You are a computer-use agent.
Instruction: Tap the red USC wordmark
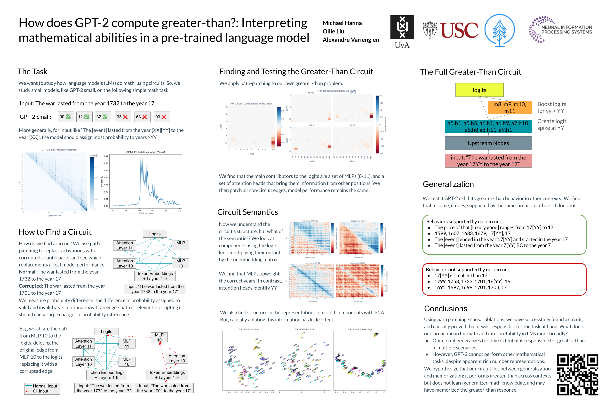[x=459, y=30]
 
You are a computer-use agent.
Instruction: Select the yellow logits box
[x=479, y=90]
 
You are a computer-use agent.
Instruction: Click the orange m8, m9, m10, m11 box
[x=509, y=107]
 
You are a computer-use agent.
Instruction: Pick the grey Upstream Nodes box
[x=488, y=143]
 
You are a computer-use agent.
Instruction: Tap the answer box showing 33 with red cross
[x=123, y=117]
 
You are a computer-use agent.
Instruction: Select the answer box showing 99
[x=161, y=117]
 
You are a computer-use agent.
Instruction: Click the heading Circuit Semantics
[x=247, y=212]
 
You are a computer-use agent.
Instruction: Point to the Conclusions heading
[x=445, y=308]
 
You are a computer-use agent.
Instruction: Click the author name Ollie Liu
[x=333, y=31]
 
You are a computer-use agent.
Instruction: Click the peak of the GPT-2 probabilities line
[x=141, y=157]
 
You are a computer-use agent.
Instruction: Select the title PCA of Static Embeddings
[x=359, y=329]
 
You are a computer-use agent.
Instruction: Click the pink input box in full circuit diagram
[x=488, y=161]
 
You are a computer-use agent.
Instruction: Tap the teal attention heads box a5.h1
[x=488, y=126]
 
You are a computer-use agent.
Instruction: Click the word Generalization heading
[x=448, y=184]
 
